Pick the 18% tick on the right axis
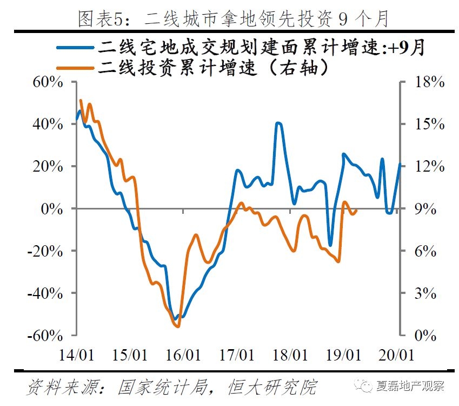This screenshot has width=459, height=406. tap(429, 82)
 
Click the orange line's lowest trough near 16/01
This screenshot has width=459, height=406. tap(177, 326)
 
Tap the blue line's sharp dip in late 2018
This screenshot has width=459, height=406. tap(330, 245)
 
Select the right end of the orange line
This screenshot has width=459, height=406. tap(357, 211)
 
